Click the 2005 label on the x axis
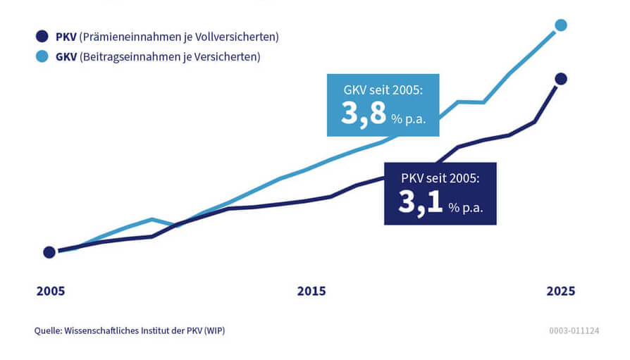[x=51, y=291]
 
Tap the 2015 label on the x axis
[x=311, y=291]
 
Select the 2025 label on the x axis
[x=561, y=291]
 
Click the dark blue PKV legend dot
[x=42, y=37]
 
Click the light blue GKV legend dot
[x=42, y=56]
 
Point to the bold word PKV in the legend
[x=66, y=37]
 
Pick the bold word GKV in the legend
[x=67, y=56]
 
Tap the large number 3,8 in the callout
[x=364, y=113]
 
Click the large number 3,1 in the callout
[x=421, y=202]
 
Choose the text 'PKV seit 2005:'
[x=440, y=179]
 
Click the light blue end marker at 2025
[x=561, y=25]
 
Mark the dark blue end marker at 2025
[x=561, y=79]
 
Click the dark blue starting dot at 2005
[x=49, y=252]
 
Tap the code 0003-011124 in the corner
[x=574, y=330]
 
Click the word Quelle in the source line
[x=48, y=330]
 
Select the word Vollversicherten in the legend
[x=238, y=37]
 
